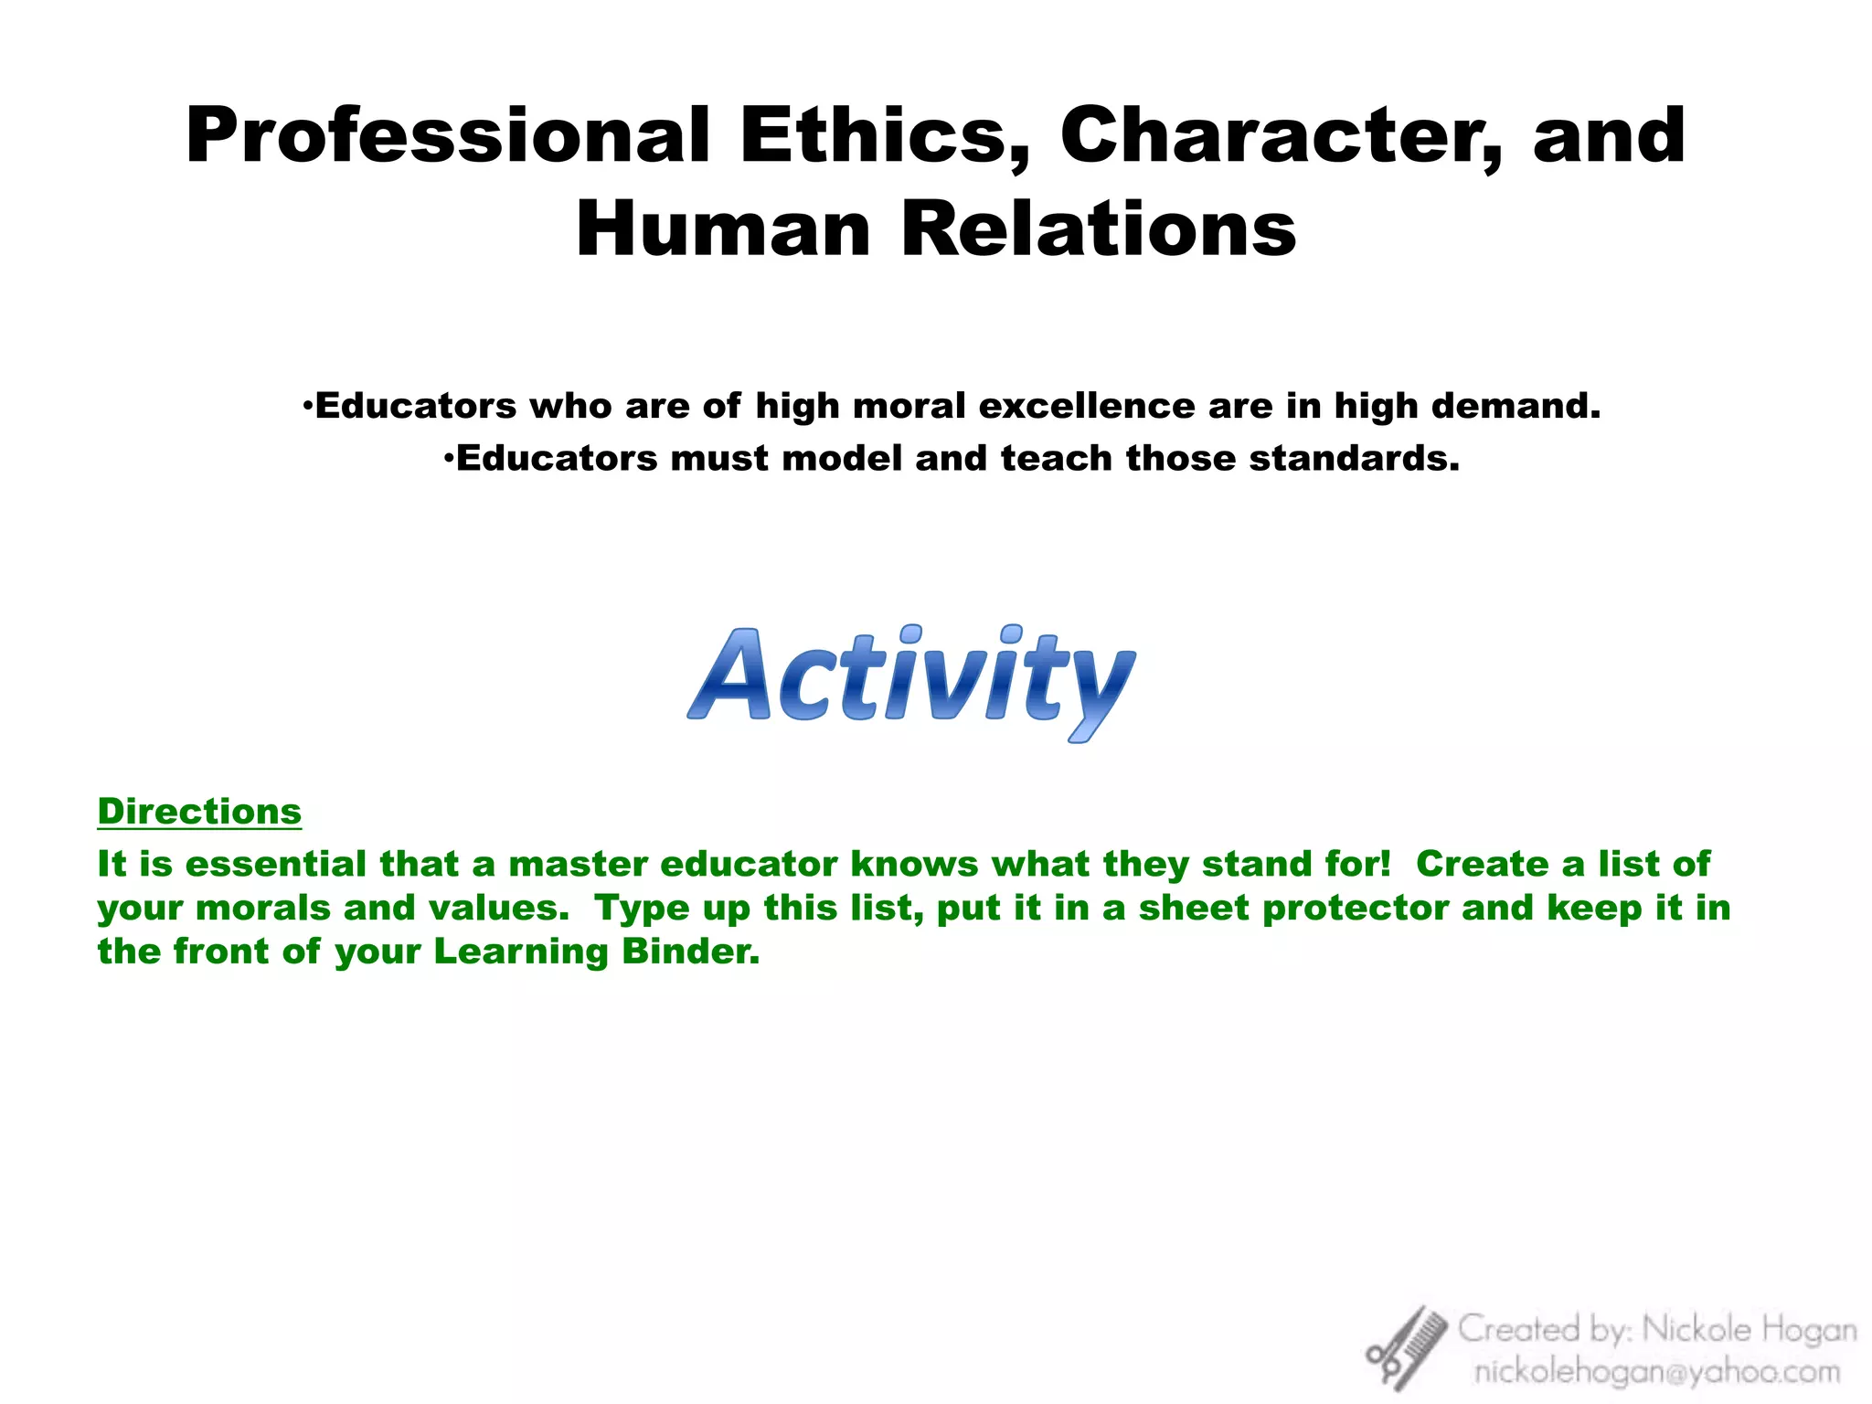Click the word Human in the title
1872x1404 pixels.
(x=723, y=229)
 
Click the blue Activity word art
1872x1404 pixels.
(x=911, y=681)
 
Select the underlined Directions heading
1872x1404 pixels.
(x=199, y=812)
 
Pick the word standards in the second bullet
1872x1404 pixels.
(x=1353, y=458)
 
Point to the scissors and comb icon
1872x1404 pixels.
(x=1406, y=1347)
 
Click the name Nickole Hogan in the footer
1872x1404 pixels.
(x=1750, y=1330)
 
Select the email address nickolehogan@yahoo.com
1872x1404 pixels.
(x=1656, y=1371)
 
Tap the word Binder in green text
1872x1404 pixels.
(x=690, y=952)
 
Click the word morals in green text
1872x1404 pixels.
(x=263, y=909)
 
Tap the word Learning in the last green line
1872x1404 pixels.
(x=520, y=953)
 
